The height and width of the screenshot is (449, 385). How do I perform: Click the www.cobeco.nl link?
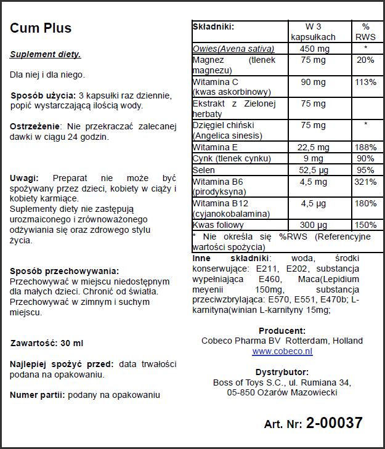[x=282, y=351]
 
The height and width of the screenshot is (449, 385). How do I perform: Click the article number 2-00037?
[x=334, y=423]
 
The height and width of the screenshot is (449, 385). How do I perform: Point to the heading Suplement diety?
[x=45, y=54]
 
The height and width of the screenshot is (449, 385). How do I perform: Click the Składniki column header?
[x=213, y=27]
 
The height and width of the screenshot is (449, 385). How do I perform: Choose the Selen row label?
[x=204, y=170]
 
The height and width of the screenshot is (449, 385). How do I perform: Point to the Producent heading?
[x=282, y=330]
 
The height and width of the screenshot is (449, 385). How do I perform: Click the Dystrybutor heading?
[x=282, y=371]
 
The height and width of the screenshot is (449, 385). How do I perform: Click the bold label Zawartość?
[x=34, y=342]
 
